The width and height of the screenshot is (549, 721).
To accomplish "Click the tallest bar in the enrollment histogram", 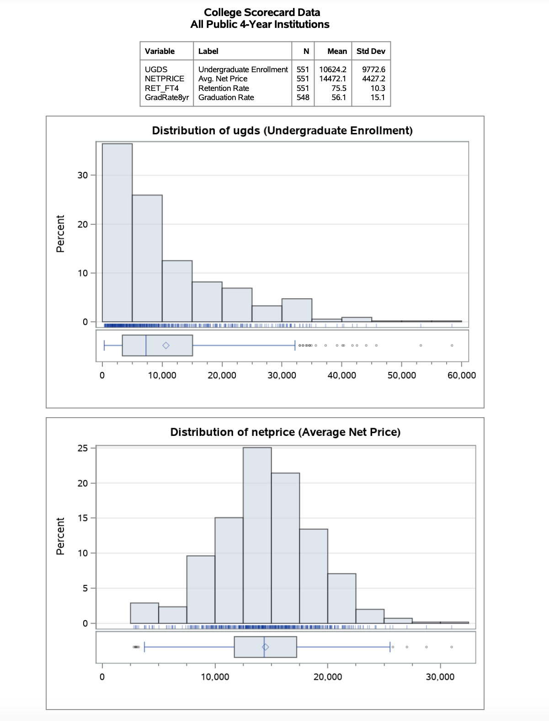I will tap(117, 233).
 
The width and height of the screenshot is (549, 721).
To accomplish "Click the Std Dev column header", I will tap(371, 51).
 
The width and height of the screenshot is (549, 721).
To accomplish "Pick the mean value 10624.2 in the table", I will tap(332, 69).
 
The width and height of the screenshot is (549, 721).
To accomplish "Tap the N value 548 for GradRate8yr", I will tap(303, 97).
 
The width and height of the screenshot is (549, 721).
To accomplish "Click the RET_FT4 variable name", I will tap(161, 88).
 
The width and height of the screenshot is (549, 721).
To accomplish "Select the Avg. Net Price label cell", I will tap(223, 79).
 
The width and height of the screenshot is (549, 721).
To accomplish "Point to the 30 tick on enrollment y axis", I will tap(82, 175).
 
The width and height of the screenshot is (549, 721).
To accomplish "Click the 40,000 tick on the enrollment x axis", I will tap(341, 375).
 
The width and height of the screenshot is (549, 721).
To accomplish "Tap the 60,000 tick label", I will tap(461, 375).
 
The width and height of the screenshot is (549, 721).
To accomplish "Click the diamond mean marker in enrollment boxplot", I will tap(166, 345).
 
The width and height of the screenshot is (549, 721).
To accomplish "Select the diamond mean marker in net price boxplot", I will tap(266, 647).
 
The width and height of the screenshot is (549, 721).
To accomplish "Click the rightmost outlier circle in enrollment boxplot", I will tap(452, 345).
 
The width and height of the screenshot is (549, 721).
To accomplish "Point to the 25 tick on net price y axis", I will tap(82, 448).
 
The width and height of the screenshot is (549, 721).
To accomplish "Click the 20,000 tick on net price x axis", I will tap(327, 677).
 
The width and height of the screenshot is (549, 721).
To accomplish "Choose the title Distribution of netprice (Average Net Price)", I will tap(285, 432).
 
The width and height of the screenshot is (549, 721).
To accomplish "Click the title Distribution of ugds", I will tap(282, 131).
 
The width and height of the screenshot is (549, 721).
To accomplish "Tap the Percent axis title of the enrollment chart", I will tap(60, 233).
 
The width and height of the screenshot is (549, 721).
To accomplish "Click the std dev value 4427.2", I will tap(373, 79).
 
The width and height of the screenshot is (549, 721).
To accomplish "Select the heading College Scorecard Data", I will tap(261, 12).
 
